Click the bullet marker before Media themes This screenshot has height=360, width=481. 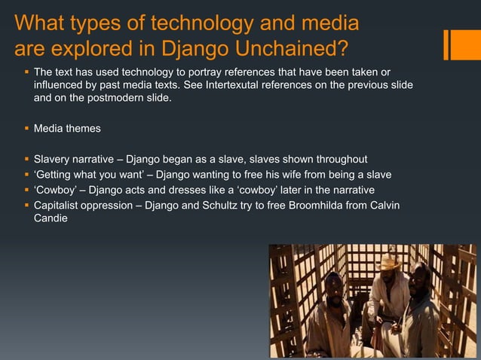click(x=26, y=129)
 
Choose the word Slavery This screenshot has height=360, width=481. click(x=55, y=160)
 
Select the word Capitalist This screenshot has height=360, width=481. click(x=60, y=206)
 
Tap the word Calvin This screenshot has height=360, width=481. click(x=384, y=206)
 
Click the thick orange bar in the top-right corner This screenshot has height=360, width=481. click(x=458, y=44)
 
